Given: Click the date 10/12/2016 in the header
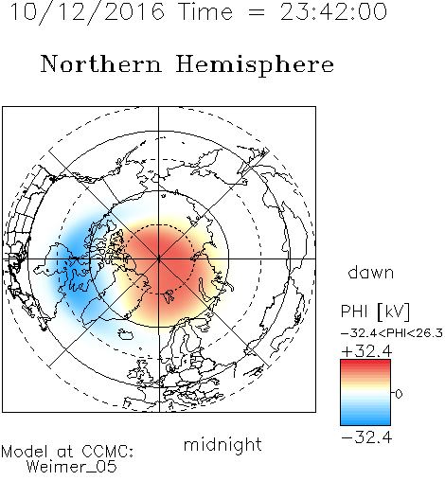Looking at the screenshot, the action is [x=87, y=12].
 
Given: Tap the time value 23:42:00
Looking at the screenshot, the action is [x=333, y=11].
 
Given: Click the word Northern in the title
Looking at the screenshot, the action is [x=101, y=64].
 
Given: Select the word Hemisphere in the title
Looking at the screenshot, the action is [x=255, y=65].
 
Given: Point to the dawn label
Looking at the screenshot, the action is [x=371, y=272].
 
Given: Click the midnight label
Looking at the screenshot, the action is [x=222, y=445].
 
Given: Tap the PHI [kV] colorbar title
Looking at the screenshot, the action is [x=375, y=312].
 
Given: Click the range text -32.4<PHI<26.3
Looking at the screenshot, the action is [x=392, y=333].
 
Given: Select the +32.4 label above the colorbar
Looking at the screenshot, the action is [x=366, y=351].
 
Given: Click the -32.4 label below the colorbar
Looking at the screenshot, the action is [x=366, y=437].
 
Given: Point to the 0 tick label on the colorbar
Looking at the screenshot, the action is [x=399, y=394].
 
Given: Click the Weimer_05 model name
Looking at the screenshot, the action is [x=71, y=467].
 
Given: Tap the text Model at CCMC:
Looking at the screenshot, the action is [x=67, y=452].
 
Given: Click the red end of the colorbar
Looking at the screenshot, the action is [x=365, y=363].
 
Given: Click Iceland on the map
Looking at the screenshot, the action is [x=126, y=334].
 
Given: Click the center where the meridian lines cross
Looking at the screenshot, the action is [x=159, y=258].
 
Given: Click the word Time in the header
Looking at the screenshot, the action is [x=205, y=11].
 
